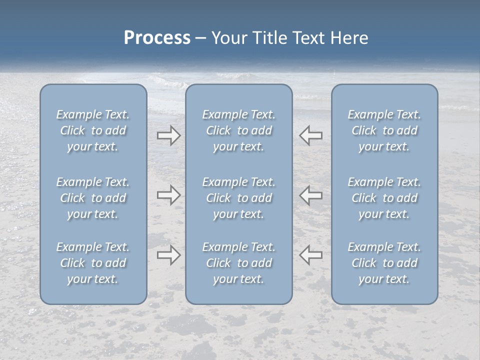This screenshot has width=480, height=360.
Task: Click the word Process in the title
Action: coord(157,38)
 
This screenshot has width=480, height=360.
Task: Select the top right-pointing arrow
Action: coord(168,135)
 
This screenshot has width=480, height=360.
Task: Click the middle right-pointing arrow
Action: coord(168,194)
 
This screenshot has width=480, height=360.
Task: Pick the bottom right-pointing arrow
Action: coord(168,255)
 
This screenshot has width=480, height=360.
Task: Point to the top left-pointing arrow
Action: coord(311,135)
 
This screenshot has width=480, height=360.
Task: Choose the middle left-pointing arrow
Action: coord(311,194)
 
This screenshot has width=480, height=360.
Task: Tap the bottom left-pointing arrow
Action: coord(311,255)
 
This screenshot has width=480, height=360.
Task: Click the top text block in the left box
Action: coord(93,130)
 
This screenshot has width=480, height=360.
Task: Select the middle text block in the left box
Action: coord(93,198)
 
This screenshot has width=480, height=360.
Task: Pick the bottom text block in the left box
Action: coord(93,263)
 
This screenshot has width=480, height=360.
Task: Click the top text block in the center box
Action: coord(239,130)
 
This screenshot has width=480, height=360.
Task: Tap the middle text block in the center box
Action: coord(239,198)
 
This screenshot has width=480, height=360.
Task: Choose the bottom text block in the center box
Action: coord(239,263)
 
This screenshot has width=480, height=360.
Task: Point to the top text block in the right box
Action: coord(384,130)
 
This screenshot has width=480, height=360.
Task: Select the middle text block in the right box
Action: coord(384,198)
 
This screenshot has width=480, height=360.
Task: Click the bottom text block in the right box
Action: coord(384,263)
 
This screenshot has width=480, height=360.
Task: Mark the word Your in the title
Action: coord(229,38)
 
